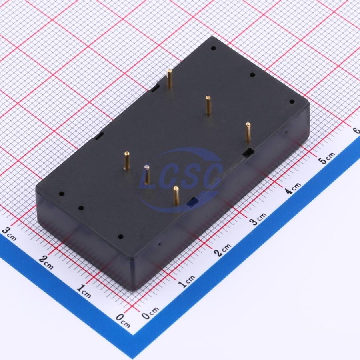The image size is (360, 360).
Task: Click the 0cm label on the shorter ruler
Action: [123, 320]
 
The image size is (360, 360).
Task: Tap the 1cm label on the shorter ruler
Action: [84, 291]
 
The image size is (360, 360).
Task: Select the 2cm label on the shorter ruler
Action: [46, 262]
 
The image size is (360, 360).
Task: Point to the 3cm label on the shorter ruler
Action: [9, 234]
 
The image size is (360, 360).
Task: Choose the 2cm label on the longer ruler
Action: [222, 250]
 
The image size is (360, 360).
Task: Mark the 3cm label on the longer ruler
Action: [258, 219]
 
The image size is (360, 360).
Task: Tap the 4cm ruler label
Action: [293, 188]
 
